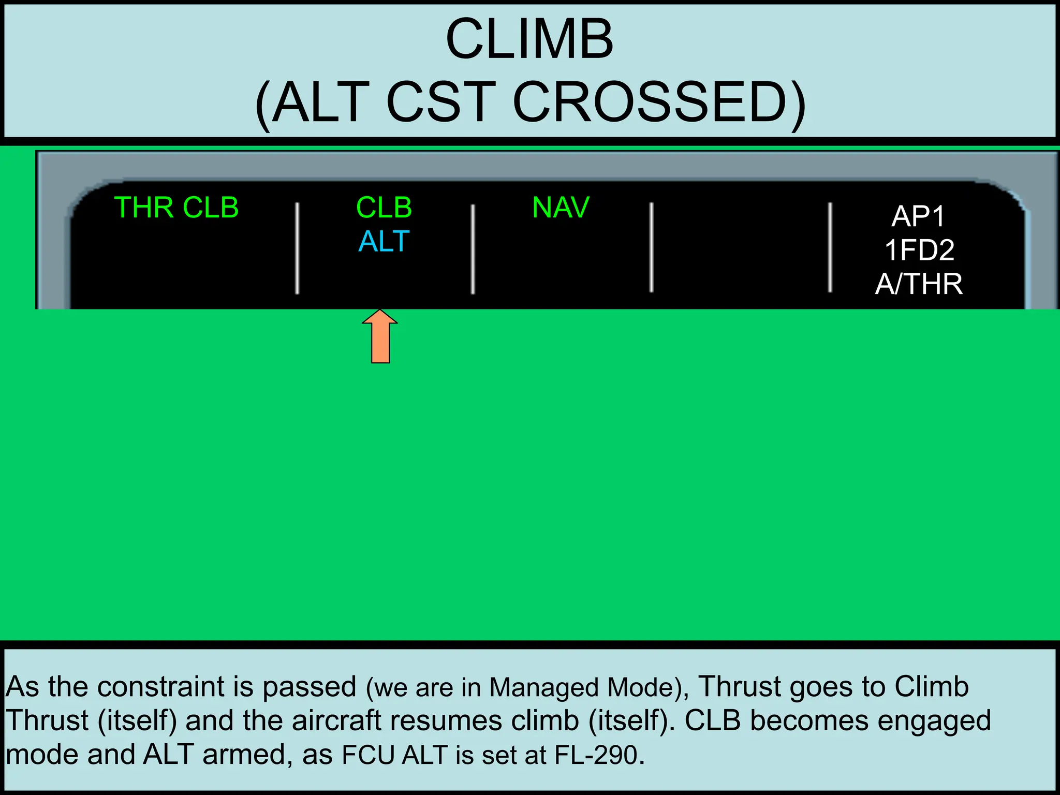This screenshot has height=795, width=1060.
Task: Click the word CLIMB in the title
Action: click(x=529, y=40)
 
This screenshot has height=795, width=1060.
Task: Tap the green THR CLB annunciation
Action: click(x=176, y=208)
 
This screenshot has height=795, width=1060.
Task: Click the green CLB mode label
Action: click(x=384, y=208)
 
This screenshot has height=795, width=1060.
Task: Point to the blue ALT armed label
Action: click(x=384, y=241)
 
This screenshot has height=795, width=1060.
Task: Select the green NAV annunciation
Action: click(x=561, y=208)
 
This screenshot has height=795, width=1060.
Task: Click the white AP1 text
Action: click(x=918, y=216)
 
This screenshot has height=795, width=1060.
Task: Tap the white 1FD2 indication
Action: click(x=919, y=250)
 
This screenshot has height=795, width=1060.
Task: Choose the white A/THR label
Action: click(x=919, y=284)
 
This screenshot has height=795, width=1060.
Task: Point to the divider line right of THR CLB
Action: click(x=297, y=248)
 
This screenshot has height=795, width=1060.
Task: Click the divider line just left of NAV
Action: click(x=473, y=248)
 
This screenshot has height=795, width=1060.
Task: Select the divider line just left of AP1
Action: click(x=830, y=247)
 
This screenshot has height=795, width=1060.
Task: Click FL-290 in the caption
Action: click(x=595, y=755)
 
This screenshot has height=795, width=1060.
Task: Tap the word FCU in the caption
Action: click(x=368, y=755)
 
